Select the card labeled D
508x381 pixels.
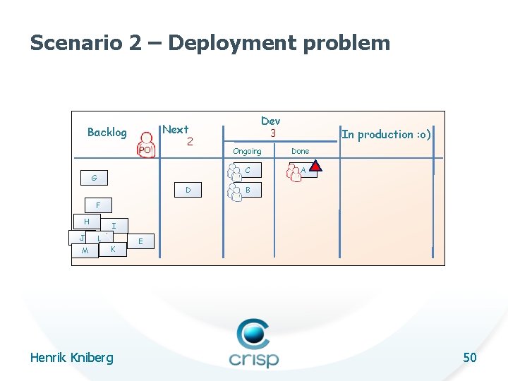[x=187, y=190]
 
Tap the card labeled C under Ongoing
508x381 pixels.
[x=247, y=170]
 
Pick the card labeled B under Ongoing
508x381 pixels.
[x=247, y=190]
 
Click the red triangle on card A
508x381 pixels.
[x=316, y=167]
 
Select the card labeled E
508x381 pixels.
[x=141, y=241]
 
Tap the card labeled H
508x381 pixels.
[x=86, y=222]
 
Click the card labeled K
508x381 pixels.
[x=113, y=250]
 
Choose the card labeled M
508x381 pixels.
[x=85, y=252]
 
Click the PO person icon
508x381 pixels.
[x=145, y=145]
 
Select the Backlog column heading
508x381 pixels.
[x=107, y=132]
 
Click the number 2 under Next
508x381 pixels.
[x=190, y=142]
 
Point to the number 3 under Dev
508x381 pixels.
[x=271, y=133]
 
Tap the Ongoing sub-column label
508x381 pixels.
[x=247, y=151]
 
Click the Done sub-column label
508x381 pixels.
[x=300, y=151]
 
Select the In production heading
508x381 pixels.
[x=387, y=134]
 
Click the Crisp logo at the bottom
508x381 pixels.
[x=253, y=344]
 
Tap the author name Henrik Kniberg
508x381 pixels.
[x=71, y=358]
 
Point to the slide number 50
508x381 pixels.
[x=469, y=358]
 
